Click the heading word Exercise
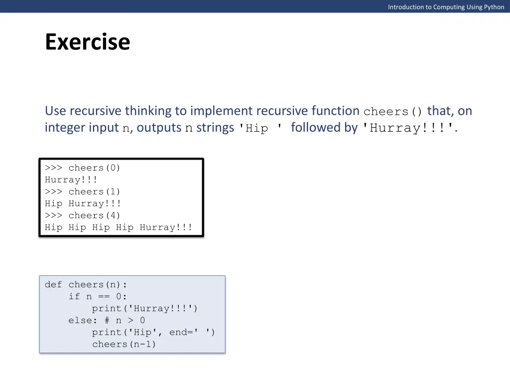(x=87, y=42)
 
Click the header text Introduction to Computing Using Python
(x=446, y=7)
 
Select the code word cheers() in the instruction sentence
(x=393, y=112)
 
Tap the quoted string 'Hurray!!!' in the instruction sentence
(x=406, y=128)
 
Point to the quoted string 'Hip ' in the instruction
(x=259, y=128)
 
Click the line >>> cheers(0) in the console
(x=83, y=168)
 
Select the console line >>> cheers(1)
(x=83, y=192)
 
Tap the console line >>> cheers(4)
(x=83, y=216)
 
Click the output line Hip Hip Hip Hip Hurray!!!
(x=118, y=228)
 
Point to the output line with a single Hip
(x=83, y=204)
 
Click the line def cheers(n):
(x=86, y=285)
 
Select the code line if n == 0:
(x=98, y=297)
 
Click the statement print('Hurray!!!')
(x=144, y=309)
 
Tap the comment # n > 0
(x=125, y=321)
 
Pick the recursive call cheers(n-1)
(x=124, y=345)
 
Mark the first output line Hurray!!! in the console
(x=71, y=180)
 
